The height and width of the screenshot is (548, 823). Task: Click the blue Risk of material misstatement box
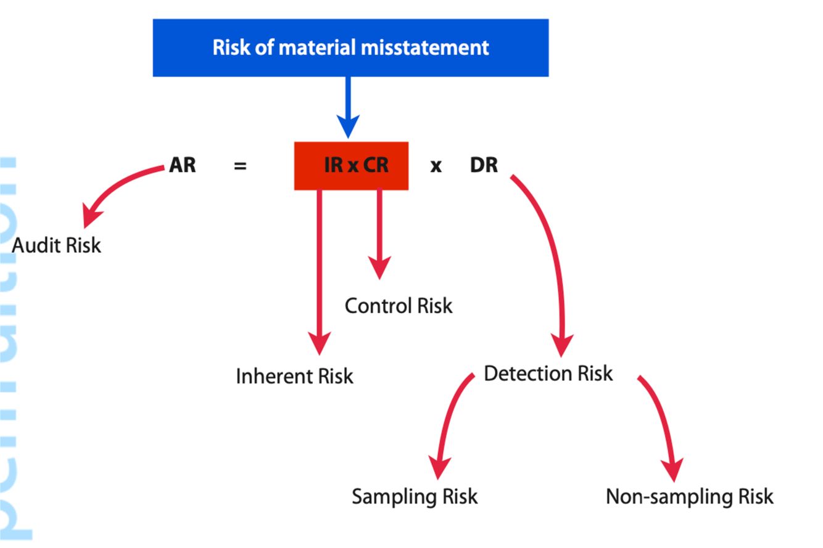click(x=350, y=47)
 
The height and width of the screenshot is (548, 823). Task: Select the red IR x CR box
click(x=351, y=166)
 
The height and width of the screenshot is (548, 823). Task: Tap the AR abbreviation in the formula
click(x=183, y=166)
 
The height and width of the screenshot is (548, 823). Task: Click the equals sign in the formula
click(x=241, y=166)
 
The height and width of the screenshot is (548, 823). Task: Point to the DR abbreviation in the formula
click(x=484, y=166)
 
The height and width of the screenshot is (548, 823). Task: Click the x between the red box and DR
click(x=436, y=166)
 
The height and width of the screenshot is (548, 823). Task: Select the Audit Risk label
click(x=57, y=245)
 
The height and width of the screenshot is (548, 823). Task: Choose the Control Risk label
click(x=399, y=305)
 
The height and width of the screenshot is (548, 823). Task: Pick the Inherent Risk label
click(x=295, y=376)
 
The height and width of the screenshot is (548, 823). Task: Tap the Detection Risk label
click(x=548, y=373)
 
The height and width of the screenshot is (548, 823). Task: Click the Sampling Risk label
click(x=415, y=496)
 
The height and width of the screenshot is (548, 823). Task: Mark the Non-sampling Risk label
click(x=689, y=496)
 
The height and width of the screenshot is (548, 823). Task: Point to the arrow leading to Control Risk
click(x=379, y=234)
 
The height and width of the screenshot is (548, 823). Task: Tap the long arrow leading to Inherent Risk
click(x=320, y=271)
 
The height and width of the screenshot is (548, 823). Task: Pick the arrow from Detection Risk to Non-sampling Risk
click(x=663, y=425)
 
